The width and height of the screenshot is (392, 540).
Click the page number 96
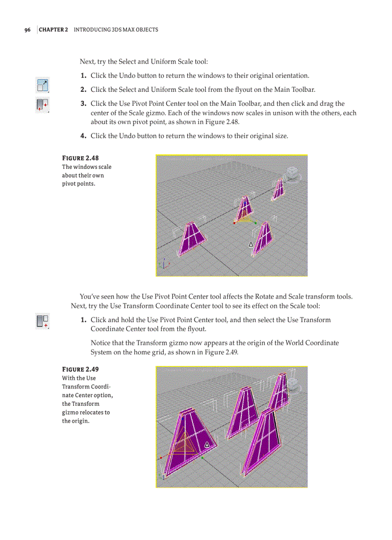(27, 30)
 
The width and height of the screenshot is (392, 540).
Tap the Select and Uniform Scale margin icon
(42, 86)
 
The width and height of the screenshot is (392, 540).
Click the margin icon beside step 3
(42, 105)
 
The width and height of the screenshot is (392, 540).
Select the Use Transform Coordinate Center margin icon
(42, 321)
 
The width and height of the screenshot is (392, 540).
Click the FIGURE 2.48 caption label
(81, 158)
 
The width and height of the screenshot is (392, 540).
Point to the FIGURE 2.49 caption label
(81, 369)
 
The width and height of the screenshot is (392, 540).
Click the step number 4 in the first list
(83, 136)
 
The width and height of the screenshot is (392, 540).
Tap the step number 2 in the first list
(83, 89)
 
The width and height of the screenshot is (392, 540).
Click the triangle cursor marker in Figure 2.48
(251, 244)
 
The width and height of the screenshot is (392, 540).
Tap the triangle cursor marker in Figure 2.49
(207, 444)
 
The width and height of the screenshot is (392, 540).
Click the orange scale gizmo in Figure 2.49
(184, 445)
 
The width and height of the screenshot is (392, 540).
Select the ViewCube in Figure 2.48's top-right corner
(292, 174)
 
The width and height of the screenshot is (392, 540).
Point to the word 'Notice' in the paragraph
(101, 343)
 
